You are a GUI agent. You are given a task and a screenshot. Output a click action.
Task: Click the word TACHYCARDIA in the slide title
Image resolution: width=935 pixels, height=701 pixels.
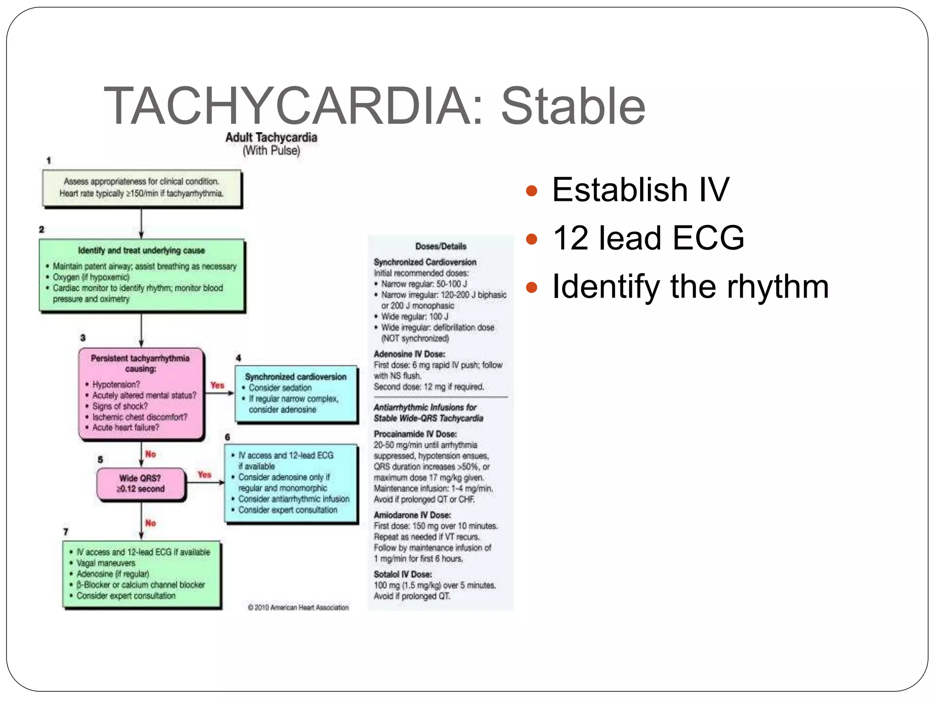coord(292,106)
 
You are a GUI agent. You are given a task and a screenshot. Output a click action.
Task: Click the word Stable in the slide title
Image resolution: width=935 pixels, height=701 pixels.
coord(573,106)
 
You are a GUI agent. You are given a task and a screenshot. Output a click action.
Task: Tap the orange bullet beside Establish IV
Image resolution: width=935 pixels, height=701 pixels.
coord(531,190)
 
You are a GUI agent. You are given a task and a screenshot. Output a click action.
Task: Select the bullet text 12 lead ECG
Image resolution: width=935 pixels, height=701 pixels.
coord(648,238)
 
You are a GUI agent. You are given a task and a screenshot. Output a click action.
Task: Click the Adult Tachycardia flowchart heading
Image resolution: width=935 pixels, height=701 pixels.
coord(271,137)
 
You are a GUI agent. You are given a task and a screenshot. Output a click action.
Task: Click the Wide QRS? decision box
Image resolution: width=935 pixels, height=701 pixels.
coord(141,483)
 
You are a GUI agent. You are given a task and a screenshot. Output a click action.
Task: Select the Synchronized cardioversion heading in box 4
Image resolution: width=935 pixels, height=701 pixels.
coord(295,377)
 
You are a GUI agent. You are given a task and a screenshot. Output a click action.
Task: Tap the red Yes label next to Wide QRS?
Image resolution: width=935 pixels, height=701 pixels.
coord(205,475)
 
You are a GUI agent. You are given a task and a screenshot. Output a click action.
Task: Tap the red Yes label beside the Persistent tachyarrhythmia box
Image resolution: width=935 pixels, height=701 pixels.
coord(217,385)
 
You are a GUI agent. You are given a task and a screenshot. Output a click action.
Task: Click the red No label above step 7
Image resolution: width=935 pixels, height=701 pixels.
coord(151,523)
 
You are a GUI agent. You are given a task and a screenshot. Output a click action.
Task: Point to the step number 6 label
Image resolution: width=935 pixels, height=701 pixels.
coord(227,437)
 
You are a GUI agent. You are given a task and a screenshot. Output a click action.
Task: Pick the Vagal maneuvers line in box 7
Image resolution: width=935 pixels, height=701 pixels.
coord(106,563)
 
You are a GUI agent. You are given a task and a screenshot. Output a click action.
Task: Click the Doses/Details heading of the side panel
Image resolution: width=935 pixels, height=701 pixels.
coord(441,246)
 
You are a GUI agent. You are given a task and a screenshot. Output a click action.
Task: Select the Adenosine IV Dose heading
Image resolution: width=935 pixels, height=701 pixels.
coord(409,354)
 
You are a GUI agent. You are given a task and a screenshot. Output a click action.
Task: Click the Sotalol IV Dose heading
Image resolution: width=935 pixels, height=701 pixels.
coord(403,574)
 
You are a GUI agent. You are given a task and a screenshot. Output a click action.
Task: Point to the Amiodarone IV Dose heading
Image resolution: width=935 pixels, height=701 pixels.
coord(412,515)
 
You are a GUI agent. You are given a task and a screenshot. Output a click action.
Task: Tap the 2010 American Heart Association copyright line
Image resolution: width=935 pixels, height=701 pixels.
coord(298,607)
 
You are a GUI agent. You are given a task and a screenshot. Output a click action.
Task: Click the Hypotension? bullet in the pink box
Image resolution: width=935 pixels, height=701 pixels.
coord(116,384)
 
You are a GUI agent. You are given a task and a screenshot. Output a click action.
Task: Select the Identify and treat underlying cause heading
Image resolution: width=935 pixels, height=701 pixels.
coord(141,251)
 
